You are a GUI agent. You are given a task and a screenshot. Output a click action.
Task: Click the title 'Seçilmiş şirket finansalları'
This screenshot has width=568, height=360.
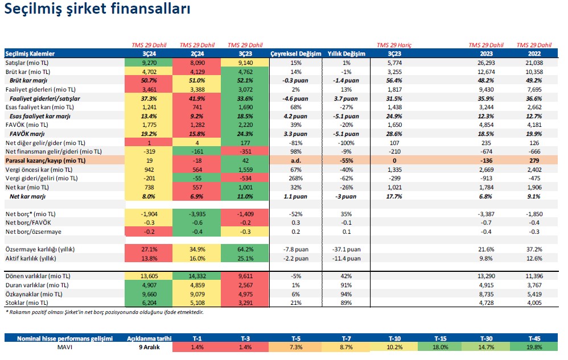coord(97,10)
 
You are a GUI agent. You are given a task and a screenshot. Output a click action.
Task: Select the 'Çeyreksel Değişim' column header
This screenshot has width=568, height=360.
coord(294,54)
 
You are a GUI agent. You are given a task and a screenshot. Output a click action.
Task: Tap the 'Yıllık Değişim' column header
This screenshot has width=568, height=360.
coord(346,54)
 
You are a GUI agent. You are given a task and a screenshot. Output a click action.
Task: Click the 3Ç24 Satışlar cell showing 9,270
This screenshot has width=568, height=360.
coord(149,63)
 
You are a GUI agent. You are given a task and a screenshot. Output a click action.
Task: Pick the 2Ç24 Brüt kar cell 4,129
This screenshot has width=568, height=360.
coord(196,72)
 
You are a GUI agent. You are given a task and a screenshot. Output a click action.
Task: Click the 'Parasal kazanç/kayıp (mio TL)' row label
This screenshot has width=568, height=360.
coord(46,161)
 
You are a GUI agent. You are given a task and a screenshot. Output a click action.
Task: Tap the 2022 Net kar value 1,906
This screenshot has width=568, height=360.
coord(534,188)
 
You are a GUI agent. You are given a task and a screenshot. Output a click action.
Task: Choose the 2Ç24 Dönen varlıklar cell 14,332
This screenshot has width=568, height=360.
coord(196,276)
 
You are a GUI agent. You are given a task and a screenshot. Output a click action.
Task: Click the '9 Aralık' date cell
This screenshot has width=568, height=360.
coord(149,347)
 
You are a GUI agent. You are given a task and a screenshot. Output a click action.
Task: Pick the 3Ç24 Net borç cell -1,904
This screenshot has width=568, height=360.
coord(149,214)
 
